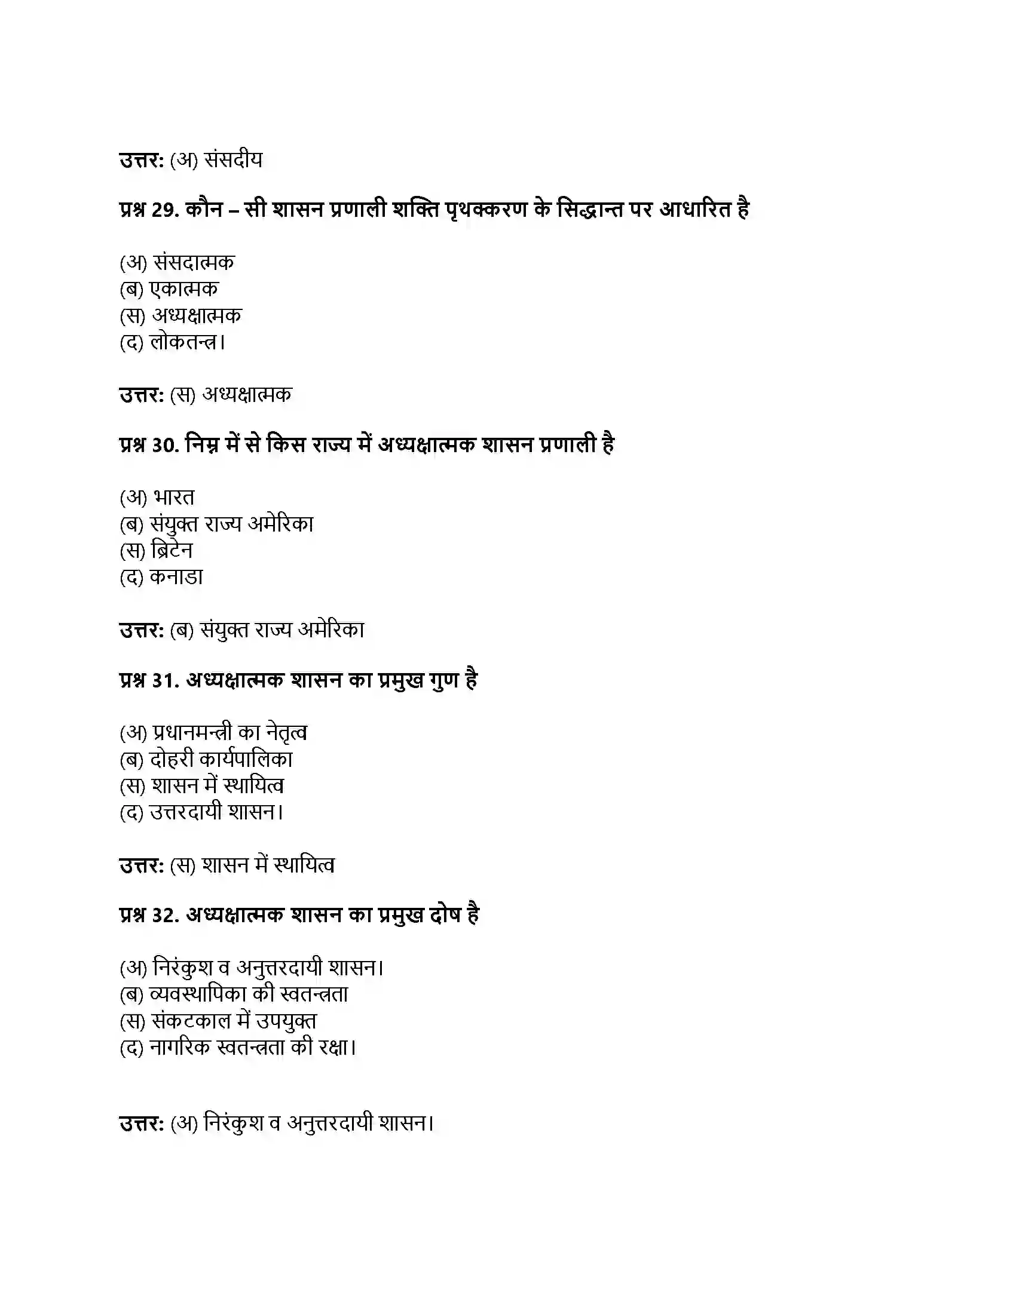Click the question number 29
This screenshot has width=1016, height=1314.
pyautogui.click(x=165, y=210)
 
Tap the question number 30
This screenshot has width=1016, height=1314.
pyautogui.click(x=165, y=445)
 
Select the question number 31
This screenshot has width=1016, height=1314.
pyautogui.click(x=165, y=680)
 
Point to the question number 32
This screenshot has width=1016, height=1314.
pyautogui.click(x=165, y=915)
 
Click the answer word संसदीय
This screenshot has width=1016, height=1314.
pyautogui.click(x=234, y=160)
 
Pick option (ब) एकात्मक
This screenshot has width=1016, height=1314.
pyautogui.click(x=169, y=290)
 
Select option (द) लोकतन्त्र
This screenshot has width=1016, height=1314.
pyautogui.click(x=172, y=342)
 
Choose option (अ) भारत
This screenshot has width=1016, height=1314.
pyautogui.click(x=157, y=498)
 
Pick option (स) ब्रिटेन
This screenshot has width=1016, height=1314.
pyautogui.click(x=157, y=551)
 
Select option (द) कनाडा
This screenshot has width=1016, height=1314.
pyautogui.click(x=161, y=577)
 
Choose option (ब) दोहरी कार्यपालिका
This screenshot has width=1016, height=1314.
pyautogui.click(x=206, y=759)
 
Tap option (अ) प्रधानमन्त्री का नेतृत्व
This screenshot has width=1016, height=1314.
pyautogui.click(x=213, y=733)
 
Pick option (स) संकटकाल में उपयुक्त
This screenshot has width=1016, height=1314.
pyautogui.click(x=218, y=1021)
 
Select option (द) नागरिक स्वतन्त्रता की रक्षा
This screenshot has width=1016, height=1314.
pyautogui.click(x=238, y=1048)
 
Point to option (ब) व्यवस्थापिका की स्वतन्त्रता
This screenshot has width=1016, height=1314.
pyautogui.click(x=234, y=994)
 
